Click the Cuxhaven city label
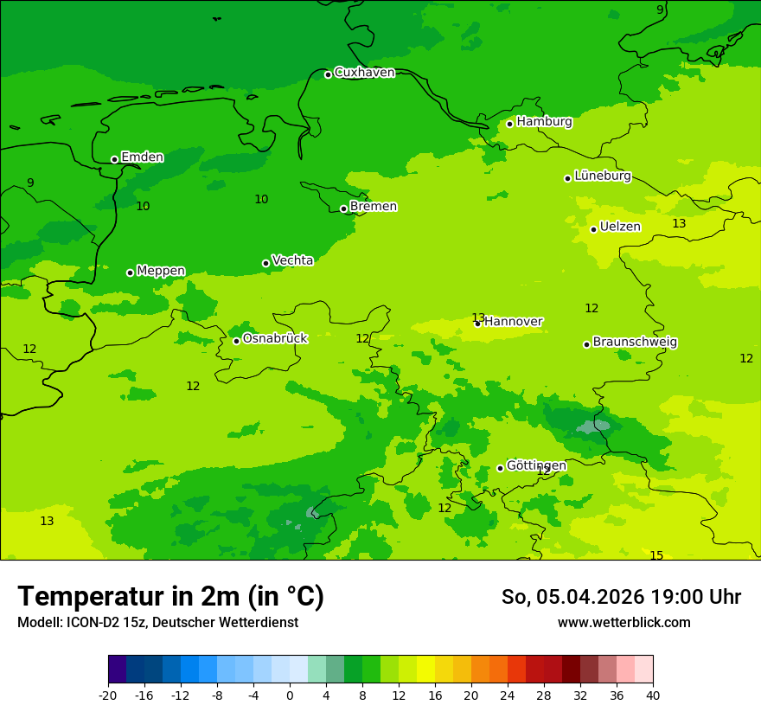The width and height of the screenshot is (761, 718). coord(364,73)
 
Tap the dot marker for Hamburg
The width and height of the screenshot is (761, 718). coord(510,124)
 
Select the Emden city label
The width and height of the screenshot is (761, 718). coord(142,157)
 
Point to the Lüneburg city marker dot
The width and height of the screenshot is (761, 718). coord(568,178)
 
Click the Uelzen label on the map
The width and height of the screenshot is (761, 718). coord(620,228)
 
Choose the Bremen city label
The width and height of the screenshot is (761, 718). coord(373,207)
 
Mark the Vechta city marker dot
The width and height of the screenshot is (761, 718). coord(266,263)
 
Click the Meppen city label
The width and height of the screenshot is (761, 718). coord(161,271)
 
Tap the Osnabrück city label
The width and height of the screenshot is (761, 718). coord(275,339)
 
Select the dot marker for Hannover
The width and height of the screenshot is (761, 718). coord(477,324)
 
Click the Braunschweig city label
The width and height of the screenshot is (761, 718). coord(635,343)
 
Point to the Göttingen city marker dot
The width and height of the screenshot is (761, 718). coord(500,468)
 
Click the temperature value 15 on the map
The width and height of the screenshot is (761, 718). coord(656,555)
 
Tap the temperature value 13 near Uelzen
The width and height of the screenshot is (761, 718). coord(679,224)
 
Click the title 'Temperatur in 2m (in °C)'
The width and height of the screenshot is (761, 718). coord(170,596)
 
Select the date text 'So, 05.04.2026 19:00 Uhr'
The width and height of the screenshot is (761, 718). coord(621,597)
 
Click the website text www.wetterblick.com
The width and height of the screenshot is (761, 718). coord(624,623)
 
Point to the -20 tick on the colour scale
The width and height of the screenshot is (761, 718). coord(108,695)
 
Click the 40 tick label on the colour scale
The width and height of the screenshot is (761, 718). coord(653,695)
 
